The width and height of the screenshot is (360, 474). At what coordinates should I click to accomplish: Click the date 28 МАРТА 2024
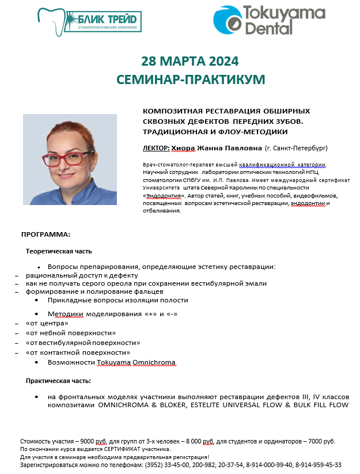pos(190,61)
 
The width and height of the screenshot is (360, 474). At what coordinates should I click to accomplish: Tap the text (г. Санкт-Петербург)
pos(296,148)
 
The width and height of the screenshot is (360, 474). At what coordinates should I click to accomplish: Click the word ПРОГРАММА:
pos(46,235)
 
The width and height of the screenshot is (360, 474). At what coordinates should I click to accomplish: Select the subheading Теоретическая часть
pos(59,251)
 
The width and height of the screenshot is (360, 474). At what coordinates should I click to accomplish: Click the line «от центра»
pos(43,324)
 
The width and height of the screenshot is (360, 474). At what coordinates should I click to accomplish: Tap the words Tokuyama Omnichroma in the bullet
pos(136,362)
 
